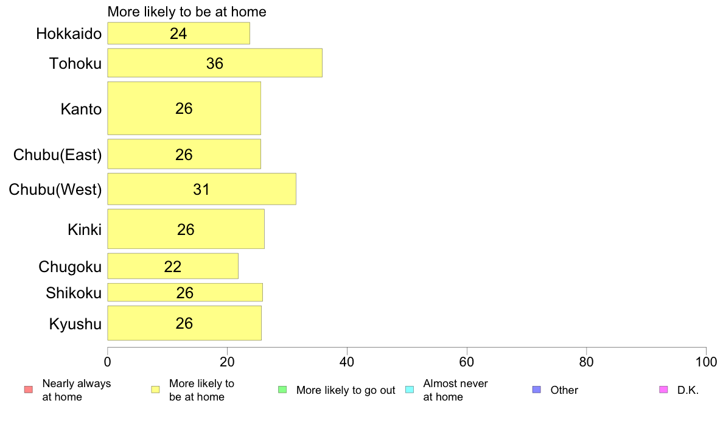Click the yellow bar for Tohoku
click(215, 63)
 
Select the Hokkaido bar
click(178, 33)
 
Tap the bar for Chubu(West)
click(201, 189)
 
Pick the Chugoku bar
click(173, 266)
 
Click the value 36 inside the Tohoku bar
click(215, 63)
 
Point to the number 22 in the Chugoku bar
click(173, 266)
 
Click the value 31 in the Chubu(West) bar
click(201, 189)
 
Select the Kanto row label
click(81, 109)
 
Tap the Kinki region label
click(85, 229)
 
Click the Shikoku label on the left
click(74, 293)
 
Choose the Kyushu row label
click(75, 324)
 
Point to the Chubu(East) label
click(58, 155)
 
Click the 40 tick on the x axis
click(347, 362)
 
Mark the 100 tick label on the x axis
click(707, 362)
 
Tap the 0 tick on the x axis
click(108, 362)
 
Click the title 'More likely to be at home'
click(187, 12)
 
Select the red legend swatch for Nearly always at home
click(29, 390)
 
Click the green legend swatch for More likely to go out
click(282, 390)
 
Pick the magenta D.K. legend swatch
click(663, 390)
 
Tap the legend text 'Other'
click(564, 390)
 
